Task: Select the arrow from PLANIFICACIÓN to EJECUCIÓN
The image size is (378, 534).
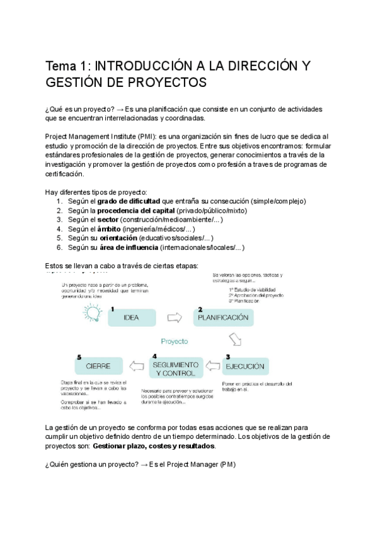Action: pyautogui.click(x=235, y=341)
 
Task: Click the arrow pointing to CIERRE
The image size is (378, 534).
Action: pyautogui.click(x=136, y=366)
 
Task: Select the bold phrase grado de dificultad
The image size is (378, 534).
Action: pyautogui.click(x=129, y=201)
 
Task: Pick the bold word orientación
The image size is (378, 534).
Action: pyautogui.click(x=116, y=239)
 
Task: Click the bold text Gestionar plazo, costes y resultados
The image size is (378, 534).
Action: pyautogui.click(x=153, y=446)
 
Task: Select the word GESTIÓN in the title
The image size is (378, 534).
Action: pyautogui.click(x=74, y=82)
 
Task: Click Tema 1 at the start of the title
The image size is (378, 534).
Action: pyautogui.click(x=66, y=65)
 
